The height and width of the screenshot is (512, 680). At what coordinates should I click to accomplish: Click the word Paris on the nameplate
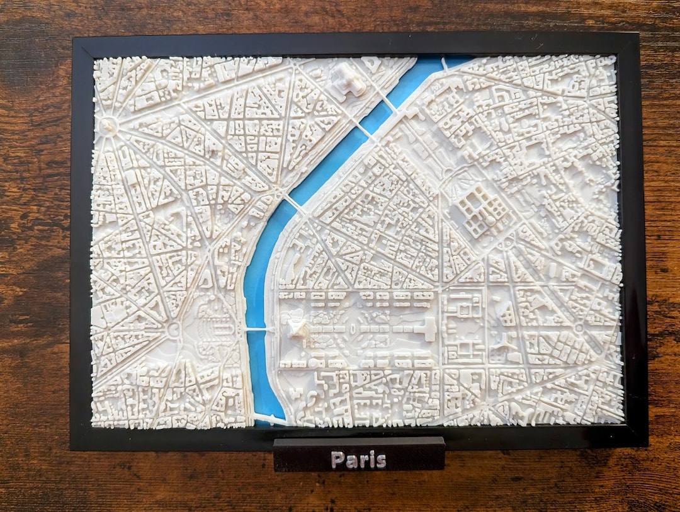pyautogui.click(x=359, y=460)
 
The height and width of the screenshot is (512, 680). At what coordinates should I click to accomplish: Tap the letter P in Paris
pyautogui.click(x=337, y=460)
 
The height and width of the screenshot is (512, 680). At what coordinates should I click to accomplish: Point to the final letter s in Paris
pyautogui.click(x=381, y=460)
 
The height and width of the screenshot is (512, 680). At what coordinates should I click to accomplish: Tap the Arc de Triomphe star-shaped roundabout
pyautogui.click(x=108, y=125)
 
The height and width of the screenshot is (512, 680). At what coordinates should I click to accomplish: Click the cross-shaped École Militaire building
pyautogui.click(x=429, y=328)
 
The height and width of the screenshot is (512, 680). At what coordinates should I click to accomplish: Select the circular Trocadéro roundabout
pyautogui.click(x=174, y=329)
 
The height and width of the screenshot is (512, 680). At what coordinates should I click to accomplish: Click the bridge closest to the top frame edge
pyautogui.click(x=445, y=62)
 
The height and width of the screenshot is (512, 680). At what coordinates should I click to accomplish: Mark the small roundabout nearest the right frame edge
pyautogui.click(x=578, y=328)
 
